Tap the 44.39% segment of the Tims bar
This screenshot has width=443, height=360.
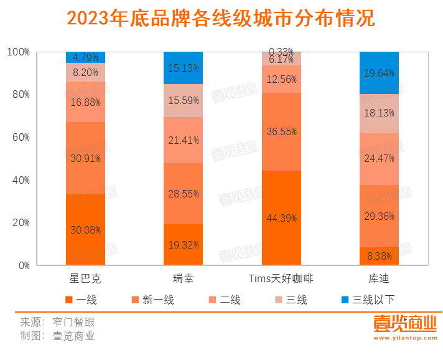click(x=281, y=218)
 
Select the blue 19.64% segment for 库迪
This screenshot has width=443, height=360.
click(x=379, y=72)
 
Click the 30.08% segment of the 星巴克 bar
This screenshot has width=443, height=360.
click(x=85, y=230)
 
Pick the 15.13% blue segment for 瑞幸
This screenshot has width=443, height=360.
click(x=183, y=68)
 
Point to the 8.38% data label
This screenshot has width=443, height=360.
click(x=379, y=255)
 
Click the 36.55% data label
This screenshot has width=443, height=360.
click(x=281, y=131)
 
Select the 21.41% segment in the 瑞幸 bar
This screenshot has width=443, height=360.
click(x=183, y=140)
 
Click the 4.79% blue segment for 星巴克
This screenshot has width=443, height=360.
click(x=85, y=57)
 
